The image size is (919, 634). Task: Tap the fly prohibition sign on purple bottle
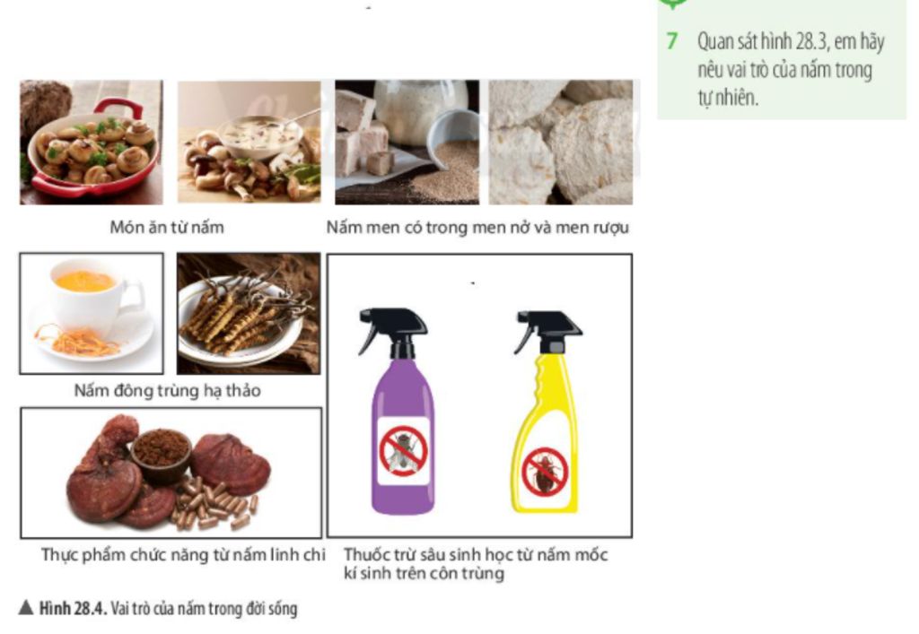coord(403,451)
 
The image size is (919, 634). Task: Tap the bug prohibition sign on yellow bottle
coord(545,473)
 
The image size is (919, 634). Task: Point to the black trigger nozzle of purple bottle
coord(393,331)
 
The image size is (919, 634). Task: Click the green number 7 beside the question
coord(672,41)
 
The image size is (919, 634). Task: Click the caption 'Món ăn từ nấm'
coord(167,227)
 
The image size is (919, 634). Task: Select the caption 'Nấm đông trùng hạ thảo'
coord(168,390)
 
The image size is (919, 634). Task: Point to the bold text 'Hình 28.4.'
coord(74,608)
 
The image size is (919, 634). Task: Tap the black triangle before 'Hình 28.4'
coord(26,608)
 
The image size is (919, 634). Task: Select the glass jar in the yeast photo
coord(421,111)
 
